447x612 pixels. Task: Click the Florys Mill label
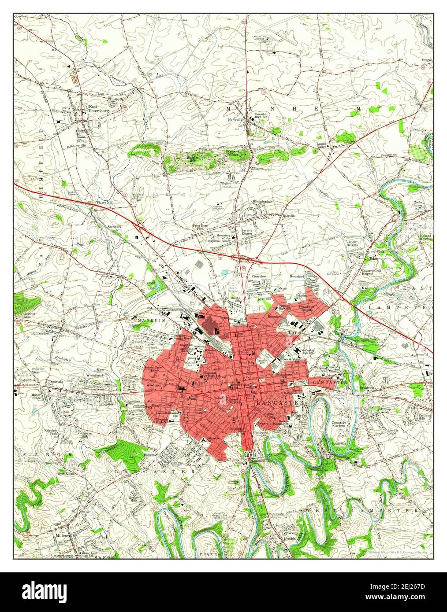coord(105,203)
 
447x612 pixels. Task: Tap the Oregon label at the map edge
coord(427,60)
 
